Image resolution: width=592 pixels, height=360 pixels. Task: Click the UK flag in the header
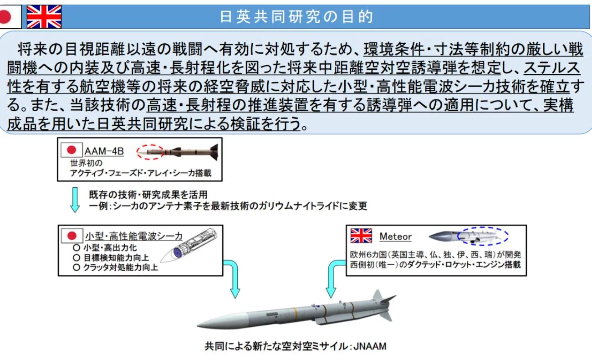tap(44, 17)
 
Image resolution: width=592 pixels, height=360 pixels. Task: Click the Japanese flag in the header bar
tap(10, 17)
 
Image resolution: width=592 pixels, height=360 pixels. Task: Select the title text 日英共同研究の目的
tap(296, 17)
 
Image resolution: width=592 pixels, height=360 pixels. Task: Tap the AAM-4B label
tap(104, 151)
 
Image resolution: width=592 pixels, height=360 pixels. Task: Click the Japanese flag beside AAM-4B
tap(71, 150)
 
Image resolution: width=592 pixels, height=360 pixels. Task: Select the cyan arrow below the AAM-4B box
tap(75, 200)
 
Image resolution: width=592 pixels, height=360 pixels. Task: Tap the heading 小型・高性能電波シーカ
tap(134, 236)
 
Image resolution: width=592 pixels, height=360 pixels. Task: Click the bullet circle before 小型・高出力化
tap(77, 248)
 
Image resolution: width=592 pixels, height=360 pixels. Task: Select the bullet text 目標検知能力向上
tap(116, 257)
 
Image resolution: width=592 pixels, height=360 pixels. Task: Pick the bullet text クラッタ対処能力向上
tap(121, 267)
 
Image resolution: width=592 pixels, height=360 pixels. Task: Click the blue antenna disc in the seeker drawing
tap(178, 253)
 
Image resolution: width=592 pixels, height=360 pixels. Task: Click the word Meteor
tap(396, 237)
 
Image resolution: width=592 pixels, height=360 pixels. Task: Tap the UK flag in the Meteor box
tap(361, 236)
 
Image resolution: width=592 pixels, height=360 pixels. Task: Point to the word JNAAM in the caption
tap(370, 346)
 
